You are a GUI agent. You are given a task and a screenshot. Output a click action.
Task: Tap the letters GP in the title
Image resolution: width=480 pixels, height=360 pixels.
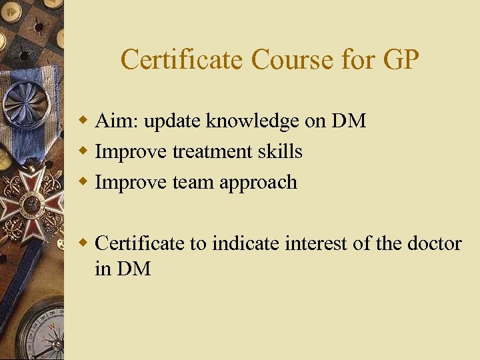click(x=401, y=60)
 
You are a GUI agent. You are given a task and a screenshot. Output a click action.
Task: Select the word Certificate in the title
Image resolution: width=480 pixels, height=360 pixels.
click(x=183, y=60)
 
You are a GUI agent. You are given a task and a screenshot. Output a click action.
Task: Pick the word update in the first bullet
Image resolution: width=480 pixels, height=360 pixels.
click(x=173, y=122)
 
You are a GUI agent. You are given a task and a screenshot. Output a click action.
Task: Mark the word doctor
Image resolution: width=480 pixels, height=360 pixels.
click(x=434, y=243)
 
